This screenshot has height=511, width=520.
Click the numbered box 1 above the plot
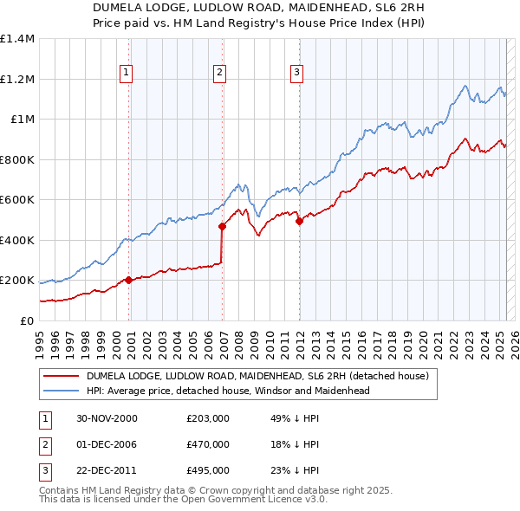coord(127,73)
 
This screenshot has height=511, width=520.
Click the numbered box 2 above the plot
coord(220,73)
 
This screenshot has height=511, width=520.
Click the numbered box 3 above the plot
coord(296,73)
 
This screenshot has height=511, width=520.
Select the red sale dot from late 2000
coord(129,280)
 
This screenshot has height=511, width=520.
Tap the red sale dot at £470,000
coord(222,227)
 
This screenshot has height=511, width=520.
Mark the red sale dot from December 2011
coord(299,222)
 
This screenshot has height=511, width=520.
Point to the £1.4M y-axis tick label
coord(17,39)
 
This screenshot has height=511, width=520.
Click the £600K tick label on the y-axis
coord(17,200)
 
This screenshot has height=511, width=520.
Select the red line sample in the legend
coord(61,376)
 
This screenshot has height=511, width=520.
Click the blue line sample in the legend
coord(61,391)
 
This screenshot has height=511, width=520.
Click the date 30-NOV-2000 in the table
coord(107,418)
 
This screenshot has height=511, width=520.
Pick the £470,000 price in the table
coord(208,444)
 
